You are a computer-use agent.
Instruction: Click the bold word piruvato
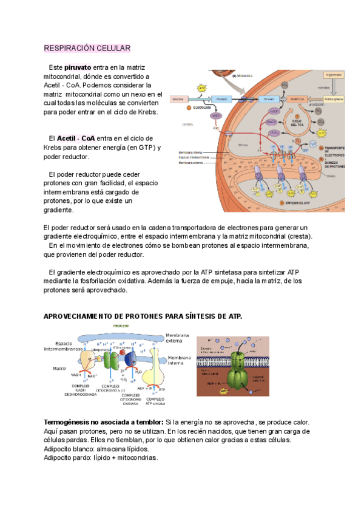point(78,67)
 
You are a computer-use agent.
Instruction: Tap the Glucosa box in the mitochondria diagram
point(178,98)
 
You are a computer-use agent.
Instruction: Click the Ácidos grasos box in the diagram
point(334,98)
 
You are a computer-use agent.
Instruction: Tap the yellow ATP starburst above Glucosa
point(201,87)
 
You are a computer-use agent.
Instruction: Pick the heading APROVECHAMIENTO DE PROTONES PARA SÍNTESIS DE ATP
point(143,316)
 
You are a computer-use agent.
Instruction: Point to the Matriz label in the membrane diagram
point(59,368)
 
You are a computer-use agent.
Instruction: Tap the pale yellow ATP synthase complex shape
point(155,367)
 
